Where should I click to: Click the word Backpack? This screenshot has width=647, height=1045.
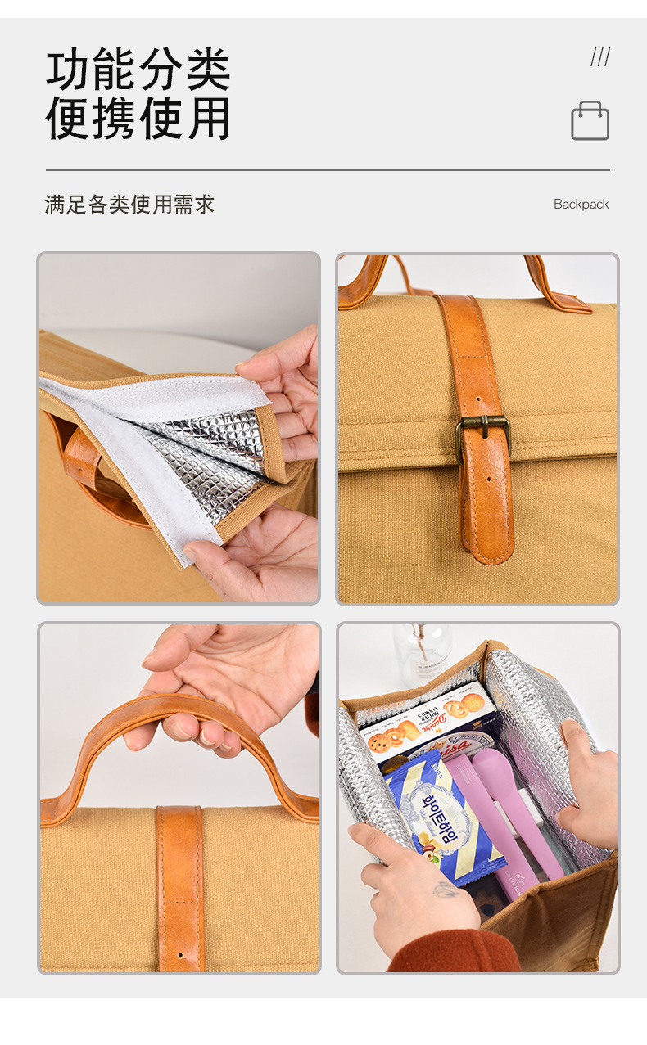click(x=581, y=205)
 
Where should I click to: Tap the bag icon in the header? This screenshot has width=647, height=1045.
click(x=590, y=121)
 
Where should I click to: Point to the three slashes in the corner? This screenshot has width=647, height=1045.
click(x=600, y=57)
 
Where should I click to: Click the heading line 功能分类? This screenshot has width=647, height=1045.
click(x=138, y=70)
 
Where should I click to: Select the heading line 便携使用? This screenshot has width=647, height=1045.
click(x=138, y=119)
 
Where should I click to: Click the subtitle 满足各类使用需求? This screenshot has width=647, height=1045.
click(x=129, y=205)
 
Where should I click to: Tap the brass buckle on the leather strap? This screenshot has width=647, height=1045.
click(x=483, y=431)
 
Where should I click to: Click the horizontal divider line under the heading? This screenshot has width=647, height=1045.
click(x=328, y=170)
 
